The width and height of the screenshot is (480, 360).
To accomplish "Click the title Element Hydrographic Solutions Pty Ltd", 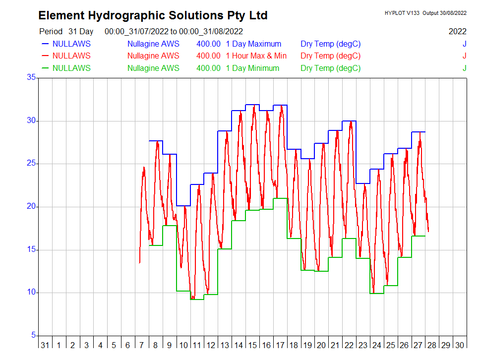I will [153, 15].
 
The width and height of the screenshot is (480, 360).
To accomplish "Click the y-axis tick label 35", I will [31, 77].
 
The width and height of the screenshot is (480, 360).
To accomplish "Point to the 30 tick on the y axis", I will [31, 120].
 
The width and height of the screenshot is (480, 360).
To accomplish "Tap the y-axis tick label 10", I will [31, 292].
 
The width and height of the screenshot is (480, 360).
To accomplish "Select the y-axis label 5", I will [33, 335].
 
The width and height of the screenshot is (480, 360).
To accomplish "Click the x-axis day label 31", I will [45, 345].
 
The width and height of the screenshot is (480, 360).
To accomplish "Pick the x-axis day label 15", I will [252, 345].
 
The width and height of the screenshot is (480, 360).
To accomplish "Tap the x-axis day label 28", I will [432, 345].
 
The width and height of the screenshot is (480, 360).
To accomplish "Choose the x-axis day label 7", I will [142, 345].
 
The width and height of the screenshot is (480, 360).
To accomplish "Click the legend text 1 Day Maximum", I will [253, 44].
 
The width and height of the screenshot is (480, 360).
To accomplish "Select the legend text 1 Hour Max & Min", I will [256, 56].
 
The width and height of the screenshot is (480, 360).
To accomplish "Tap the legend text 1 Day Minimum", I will [252, 68].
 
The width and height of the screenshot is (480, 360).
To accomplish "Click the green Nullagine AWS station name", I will [153, 68].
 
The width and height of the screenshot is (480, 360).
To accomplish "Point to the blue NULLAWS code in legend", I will [71, 44].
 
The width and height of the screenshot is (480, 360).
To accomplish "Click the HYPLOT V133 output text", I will [425, 13].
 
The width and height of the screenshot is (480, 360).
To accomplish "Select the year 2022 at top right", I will [457, 31].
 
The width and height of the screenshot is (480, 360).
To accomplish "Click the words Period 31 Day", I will [66, 31].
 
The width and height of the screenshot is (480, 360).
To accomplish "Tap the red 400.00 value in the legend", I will [208, 56].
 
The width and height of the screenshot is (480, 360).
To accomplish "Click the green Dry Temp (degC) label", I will [330, 68].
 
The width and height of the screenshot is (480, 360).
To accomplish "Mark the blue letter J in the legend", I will [464, 44].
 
